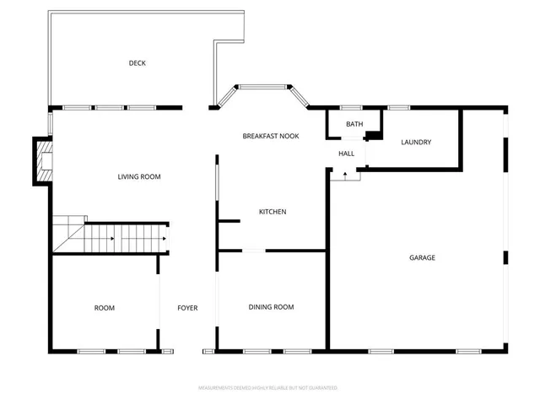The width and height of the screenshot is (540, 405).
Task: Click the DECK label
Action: click(x=138, y=63)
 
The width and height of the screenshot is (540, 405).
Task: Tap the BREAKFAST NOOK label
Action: click(x=271, y=136)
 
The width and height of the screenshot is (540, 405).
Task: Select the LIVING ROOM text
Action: click(x=138, y=177)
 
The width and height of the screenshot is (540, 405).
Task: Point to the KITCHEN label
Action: click(x=273, y=212)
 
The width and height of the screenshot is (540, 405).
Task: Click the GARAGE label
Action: click(x=422, y=258)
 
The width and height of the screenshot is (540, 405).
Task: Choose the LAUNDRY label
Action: click(x=416, y=143)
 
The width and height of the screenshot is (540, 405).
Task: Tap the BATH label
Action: click(x=354, y=125)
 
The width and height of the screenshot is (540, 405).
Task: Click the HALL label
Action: click(x=346, y=154)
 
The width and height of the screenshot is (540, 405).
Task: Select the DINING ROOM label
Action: click(x=271, y=307)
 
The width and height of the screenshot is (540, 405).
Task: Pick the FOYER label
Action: click(x=187, y=308)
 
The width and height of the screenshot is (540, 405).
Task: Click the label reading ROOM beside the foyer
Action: click(x=104, y=308)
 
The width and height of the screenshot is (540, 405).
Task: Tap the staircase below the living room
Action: click(x=127, y=238)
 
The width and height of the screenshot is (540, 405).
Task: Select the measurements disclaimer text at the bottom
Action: click(x=267, y=388)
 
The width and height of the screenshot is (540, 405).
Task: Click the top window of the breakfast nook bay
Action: click(x=262, y=86)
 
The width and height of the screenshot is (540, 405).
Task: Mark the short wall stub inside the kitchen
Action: click(x=229, y=221)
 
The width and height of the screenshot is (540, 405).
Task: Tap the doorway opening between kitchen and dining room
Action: click(x=254, y=251)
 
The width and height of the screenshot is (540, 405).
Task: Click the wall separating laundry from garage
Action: click(x=461, y=139)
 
